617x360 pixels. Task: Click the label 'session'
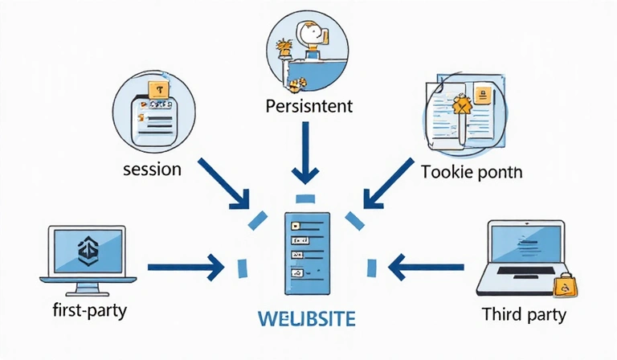[x=152, y=170]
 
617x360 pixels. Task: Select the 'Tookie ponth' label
[x=471, y=171]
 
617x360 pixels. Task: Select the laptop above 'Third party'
[x=523, y=256]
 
